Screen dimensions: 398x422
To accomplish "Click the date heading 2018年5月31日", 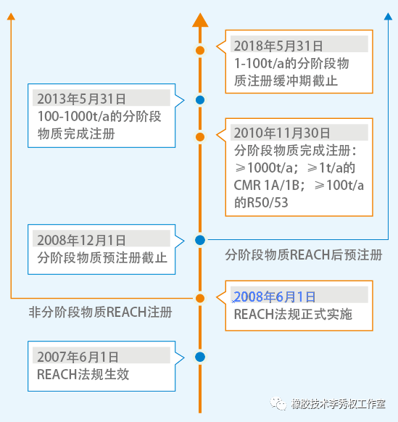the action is [x=278, y=46].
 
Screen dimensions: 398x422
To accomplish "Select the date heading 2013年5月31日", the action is [x=81, y=99].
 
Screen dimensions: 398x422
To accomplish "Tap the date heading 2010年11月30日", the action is [x=282, y=133].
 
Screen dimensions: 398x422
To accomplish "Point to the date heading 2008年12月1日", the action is [x=81, y=240].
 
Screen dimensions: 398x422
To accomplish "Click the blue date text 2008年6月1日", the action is [x=275, y=297].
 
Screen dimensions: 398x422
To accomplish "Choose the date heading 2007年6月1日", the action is [x=78, y=357].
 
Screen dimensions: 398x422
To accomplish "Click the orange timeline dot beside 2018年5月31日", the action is [x=200, y=50].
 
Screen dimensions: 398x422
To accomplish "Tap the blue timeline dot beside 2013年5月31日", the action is [x=200, y=100].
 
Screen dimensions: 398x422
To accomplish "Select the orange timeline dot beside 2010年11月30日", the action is [x=200, y=137].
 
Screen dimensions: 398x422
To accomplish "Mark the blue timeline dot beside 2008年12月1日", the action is [x=200, y=240].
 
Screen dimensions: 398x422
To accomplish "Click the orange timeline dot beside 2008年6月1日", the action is [x=200, y=298].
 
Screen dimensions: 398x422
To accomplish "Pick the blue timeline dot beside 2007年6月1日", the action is [x=200, y=357].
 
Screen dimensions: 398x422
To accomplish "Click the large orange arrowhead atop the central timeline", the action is [x=200, y=20].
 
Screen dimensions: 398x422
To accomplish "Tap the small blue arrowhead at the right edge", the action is [x=388, y=17].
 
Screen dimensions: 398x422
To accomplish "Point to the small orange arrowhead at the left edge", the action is [x=11, y=17].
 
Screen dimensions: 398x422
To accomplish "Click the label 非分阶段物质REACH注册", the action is [x=100, y=313].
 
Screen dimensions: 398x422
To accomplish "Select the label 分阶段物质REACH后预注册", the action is [x=304, y=255].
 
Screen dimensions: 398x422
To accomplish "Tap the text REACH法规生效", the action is [x=83, y=374].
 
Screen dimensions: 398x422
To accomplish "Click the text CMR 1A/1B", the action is [x=267, y=185].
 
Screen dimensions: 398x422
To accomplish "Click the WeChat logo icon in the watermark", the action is [x=278, y=404].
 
